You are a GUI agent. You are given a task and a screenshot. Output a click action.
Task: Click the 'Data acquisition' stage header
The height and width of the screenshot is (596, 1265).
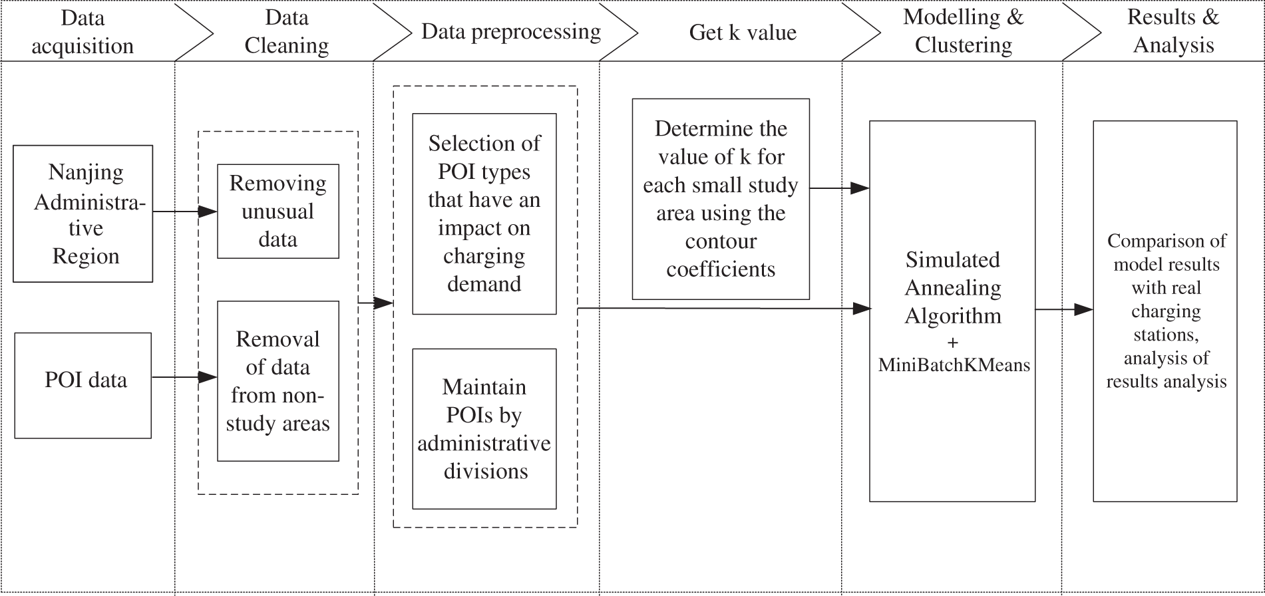(83, 32)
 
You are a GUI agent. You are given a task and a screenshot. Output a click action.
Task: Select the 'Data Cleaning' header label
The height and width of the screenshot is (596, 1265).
(287, 32)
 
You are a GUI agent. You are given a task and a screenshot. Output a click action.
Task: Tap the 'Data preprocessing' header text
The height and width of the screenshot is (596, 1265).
(510, 32)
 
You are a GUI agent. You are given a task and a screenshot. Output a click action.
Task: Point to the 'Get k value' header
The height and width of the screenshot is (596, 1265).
(743, 33)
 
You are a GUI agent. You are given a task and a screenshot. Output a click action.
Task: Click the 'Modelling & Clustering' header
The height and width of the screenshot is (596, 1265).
(963, 31)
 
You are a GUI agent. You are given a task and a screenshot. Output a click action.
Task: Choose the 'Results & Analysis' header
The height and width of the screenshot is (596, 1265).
(1173, 31)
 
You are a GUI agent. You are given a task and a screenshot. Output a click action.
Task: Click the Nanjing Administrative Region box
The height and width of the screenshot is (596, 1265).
(83, 214)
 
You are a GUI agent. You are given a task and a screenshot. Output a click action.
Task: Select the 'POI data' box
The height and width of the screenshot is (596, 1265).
(83, 385)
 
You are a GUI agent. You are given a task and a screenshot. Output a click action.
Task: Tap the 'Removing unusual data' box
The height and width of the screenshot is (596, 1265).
(277, 212)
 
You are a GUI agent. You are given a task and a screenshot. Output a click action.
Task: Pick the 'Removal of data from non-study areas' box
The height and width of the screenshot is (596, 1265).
(277, 381)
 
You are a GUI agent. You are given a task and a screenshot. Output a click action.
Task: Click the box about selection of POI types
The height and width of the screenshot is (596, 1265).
(484, 214)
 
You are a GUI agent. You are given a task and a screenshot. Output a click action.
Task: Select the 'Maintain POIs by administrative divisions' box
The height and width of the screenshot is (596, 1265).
(484, 429)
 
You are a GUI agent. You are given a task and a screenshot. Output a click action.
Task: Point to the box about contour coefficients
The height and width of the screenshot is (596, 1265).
(720, 199)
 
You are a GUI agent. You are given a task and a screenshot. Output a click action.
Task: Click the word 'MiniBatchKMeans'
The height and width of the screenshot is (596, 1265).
(954, 365)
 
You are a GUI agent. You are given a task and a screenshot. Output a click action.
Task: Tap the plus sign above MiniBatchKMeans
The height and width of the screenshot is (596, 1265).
(952, 343)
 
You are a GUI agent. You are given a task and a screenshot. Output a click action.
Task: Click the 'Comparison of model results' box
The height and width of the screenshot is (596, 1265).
(1165, 311)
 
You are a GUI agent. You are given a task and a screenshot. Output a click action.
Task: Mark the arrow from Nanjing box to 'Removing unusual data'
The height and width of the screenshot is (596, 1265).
(185, 212)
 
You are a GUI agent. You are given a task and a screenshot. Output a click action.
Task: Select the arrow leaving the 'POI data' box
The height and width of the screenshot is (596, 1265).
(184, 378)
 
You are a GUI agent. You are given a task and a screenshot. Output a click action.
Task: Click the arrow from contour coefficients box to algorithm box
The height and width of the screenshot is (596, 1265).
(839, 188)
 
